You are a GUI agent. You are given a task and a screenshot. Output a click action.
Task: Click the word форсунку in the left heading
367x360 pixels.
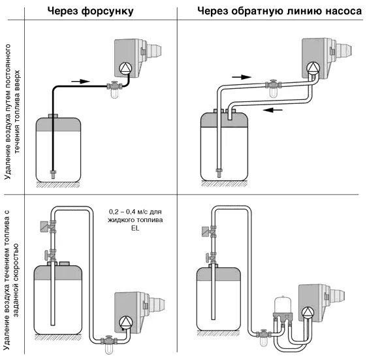tap(107, 11)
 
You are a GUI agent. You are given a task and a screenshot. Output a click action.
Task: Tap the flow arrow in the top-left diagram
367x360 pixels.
tap(80, 81)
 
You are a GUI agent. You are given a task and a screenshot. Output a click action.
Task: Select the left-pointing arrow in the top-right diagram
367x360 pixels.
tap(273, 110)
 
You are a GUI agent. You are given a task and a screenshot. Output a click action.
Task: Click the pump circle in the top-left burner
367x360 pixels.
tap(125, 69)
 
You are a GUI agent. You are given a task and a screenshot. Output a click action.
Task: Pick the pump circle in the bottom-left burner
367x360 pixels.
tap(125, 323)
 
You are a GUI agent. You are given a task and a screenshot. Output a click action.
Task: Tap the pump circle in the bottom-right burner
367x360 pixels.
tap(307, 313)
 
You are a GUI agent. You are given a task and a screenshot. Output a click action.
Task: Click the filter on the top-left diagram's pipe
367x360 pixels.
tap(114, 89)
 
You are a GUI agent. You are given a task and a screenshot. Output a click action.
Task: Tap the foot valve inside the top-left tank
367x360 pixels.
tap(53, 174)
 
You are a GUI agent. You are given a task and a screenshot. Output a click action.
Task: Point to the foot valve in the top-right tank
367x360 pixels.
tap(219, 172)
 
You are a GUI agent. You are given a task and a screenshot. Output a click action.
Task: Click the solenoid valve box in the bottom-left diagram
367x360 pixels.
tap(44, 227)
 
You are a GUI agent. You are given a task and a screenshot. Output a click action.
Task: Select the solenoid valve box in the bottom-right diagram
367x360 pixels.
tap(206, 232)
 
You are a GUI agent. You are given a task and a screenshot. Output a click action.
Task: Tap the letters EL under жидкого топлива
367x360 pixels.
tap(135, 228)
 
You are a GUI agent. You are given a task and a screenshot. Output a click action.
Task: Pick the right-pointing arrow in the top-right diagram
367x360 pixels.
tap(242, 77)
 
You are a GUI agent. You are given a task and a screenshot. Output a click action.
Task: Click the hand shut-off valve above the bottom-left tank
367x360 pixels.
tap(50, 255)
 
